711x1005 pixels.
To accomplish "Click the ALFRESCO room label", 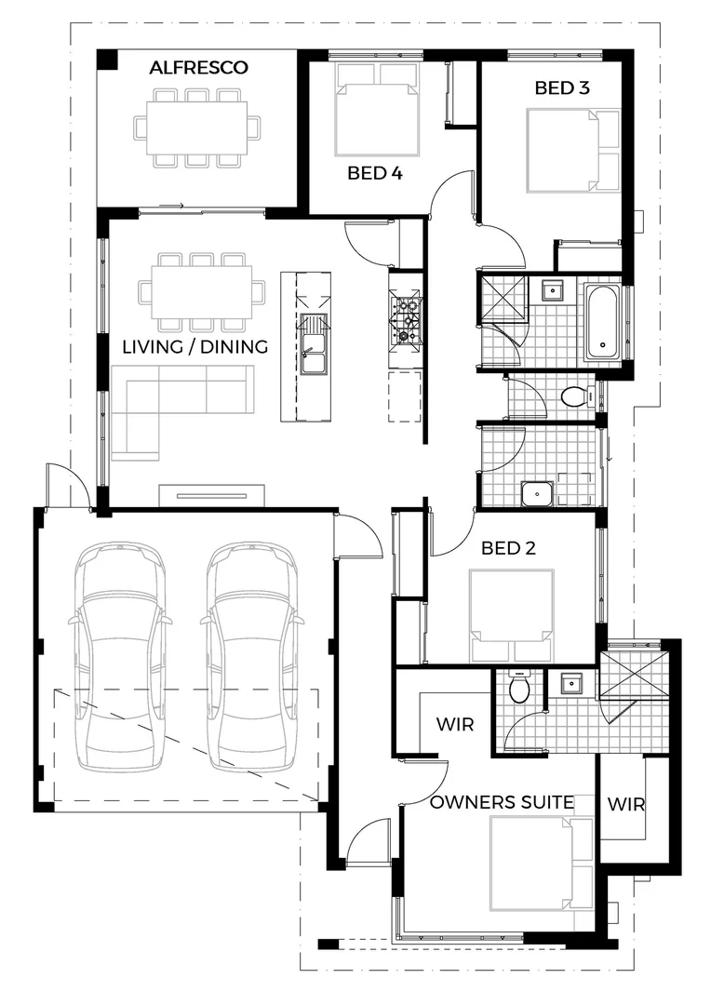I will click(199, 67).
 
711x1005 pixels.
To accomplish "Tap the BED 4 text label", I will click(375, 172).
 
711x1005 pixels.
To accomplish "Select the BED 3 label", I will click(562, 87).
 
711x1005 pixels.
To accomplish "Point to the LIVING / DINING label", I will click(195, 347).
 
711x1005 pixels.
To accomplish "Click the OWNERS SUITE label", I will click(502, 801).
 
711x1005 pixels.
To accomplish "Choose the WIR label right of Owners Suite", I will click(625, 803).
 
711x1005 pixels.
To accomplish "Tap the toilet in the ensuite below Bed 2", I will click(519, 688).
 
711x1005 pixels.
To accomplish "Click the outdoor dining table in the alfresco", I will click(195, 127).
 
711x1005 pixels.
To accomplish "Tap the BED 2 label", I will click(508, 548).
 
